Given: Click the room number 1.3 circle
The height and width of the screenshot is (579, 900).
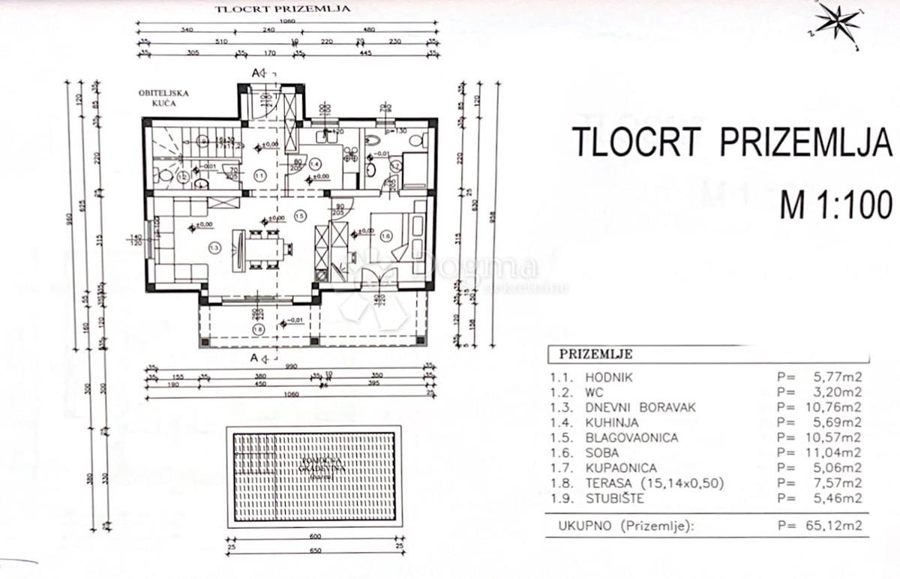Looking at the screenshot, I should click(214, 247).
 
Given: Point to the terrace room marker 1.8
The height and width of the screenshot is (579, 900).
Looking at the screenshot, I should click(259, 328).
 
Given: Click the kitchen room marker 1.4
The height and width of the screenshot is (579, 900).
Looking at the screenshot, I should click(315, 163).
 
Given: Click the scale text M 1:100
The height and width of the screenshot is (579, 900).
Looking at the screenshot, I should click(835, 204).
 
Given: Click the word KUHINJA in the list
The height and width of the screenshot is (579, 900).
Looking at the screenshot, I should click(609, 422).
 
